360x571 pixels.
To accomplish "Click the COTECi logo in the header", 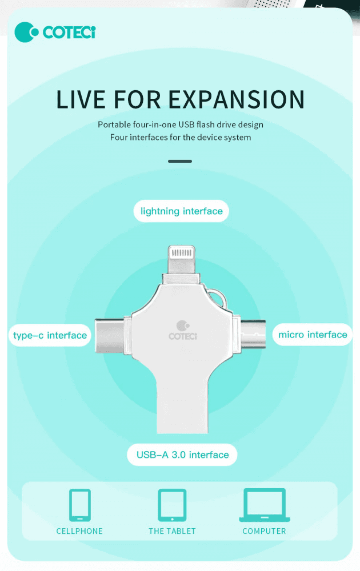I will pos(55,32).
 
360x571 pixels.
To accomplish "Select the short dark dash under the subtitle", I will pos(180,161).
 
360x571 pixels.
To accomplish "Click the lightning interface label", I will pos(182,211).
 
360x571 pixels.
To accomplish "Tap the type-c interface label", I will pos(50,335).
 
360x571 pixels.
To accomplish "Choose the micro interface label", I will pos(313,335).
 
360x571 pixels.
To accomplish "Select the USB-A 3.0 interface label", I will pos(182,455).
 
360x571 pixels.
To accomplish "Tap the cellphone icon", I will pos(79,505).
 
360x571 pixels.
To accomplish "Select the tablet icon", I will pos(172,505).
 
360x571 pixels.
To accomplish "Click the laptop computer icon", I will pos(264,505).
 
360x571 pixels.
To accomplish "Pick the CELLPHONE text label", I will pos(79,531).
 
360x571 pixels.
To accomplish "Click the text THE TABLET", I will pos(172,531).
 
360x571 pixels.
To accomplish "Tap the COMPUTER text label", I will pos(264,531).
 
